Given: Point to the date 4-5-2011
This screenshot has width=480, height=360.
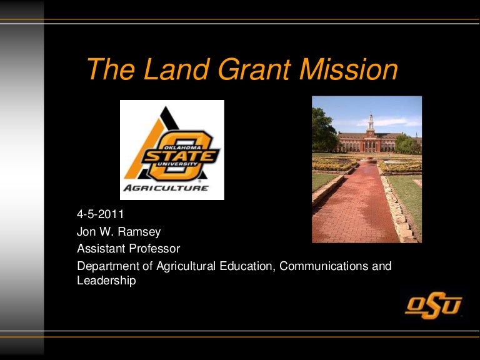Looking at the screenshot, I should coord(101,215).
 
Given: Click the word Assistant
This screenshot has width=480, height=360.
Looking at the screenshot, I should coord(101,249).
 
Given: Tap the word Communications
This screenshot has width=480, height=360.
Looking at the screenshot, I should coord(324,266).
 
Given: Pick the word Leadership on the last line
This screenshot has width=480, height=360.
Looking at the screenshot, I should coord(106,281).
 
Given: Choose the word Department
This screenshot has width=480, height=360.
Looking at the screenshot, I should coord(107,266).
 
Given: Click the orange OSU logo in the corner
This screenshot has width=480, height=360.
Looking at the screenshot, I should coord(433,306).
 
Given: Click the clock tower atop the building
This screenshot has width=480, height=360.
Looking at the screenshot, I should coord(371,122).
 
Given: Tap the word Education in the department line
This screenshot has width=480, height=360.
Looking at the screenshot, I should coord(244,266).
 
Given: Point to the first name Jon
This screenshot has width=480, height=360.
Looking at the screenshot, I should coord(86,232).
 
